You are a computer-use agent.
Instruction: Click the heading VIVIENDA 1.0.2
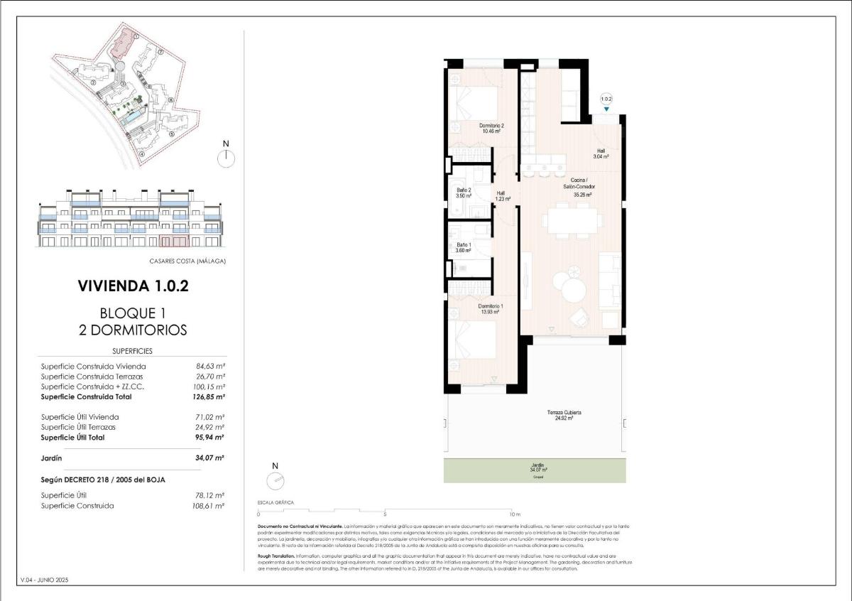pos(133,286)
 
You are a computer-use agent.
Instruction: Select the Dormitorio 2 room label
pos(491,128)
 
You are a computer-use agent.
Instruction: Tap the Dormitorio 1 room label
pos(491,308)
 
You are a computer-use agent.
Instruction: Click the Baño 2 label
pos(464,194)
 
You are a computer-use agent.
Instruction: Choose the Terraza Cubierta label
pos(564,415)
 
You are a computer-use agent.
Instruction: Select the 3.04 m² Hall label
pos(601,153)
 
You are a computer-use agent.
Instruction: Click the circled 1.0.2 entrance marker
pos(606,99)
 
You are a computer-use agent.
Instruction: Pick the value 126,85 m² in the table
pos(209,397)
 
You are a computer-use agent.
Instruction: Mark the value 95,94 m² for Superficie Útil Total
pos(209,438)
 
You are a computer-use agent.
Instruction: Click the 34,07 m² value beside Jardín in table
pos(209,458)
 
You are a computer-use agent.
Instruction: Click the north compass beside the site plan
pos(226,158)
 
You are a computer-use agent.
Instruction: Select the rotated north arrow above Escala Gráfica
pos(275,480)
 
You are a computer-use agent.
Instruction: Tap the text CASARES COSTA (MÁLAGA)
pos(187,261)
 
